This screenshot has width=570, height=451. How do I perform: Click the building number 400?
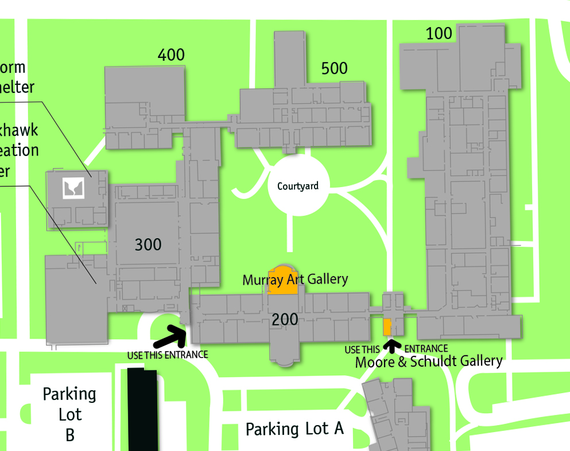[x=171, y=55]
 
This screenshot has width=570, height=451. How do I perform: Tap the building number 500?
[x=334, y=69]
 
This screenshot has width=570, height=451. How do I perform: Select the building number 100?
[x=439, y=34]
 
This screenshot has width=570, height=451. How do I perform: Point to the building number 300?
[x=148, y=245]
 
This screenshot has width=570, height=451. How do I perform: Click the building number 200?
[x=285, y=320]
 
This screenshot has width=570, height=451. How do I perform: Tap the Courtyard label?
[x=297, y=186]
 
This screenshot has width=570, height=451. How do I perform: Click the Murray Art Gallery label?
[x=295, y=279]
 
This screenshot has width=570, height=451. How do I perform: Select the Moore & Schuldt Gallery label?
[x=429, y=361]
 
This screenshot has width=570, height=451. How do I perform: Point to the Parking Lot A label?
[x=294, y=429]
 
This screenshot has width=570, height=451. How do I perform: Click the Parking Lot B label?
[x=70, y=414]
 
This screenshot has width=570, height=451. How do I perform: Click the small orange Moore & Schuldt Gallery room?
[x=387, y=326]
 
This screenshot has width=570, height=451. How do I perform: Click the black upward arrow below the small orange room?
[x=393, y=345]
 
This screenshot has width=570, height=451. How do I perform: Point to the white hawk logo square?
[x=73, y=187]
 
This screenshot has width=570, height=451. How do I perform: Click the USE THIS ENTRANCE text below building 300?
[x=167, y=355]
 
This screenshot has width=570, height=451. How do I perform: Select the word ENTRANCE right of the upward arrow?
[x=426, y=349]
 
